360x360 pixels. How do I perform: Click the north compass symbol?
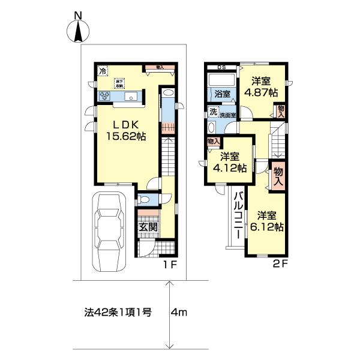click(77, 30)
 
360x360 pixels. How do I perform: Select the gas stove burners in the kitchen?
click(105, 96)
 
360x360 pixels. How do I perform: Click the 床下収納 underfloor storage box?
click(120, 83)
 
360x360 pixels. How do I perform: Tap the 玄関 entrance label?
click(148, 227)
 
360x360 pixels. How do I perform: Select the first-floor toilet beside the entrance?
click(144, 200)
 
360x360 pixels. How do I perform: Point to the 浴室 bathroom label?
click(222, 94)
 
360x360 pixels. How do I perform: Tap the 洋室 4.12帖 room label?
click(232, 163)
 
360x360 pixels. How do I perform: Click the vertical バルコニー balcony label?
click(238, 215)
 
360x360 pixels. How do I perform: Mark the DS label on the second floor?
click(222, 67)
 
